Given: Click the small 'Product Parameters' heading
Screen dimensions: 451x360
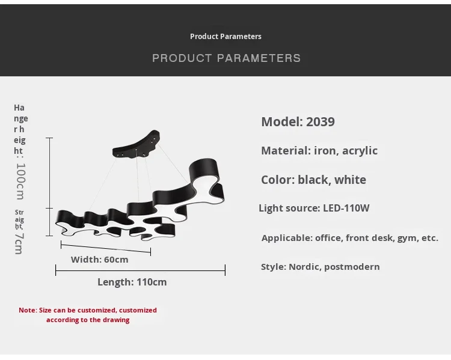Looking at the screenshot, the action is [226, 37].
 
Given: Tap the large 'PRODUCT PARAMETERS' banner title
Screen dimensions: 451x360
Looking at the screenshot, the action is [226, 58].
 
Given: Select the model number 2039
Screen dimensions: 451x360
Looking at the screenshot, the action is [320, 121].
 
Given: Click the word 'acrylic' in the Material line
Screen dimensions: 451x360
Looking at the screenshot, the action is [360, 151].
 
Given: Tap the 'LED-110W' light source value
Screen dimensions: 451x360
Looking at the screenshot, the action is [346, 208].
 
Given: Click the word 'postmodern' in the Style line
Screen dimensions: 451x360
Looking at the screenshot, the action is [352, 267].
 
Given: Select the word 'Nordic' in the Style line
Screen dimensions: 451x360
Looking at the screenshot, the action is [305, 267].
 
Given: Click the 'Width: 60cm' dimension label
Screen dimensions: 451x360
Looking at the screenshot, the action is [99, 260].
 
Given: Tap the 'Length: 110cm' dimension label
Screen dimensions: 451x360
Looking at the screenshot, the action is [132, 282].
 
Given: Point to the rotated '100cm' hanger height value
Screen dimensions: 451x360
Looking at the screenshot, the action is [20, 181].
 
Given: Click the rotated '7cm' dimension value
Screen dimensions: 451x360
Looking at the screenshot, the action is [19, 243].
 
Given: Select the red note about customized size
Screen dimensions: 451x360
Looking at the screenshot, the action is [88, 315].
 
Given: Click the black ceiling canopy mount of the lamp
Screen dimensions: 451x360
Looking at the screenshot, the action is [136, 145].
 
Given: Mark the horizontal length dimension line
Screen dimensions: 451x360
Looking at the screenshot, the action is [140, 270].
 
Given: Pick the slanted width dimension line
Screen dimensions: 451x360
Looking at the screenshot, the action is [106, 248].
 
